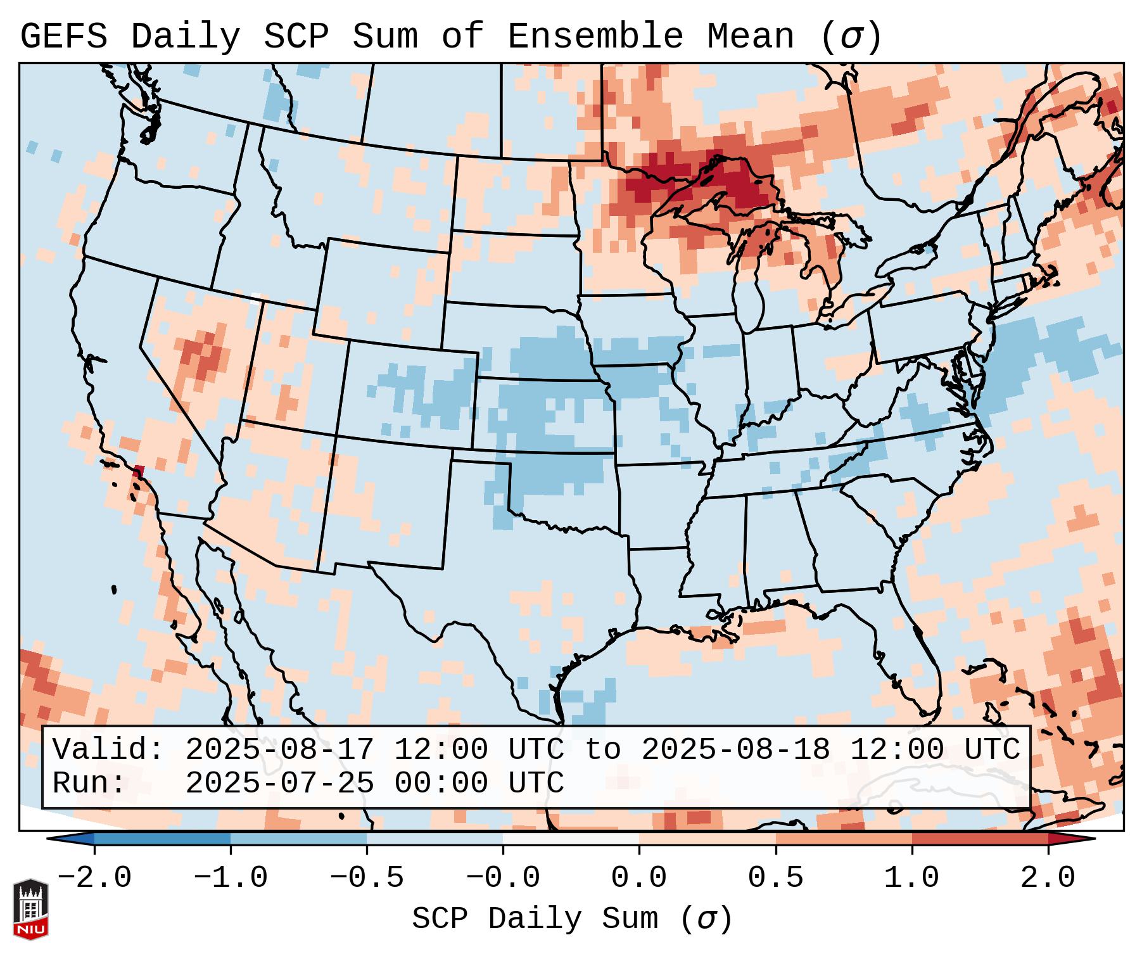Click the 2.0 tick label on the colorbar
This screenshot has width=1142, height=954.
tap(1048, 878)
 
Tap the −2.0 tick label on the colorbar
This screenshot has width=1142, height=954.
tap(94, 878)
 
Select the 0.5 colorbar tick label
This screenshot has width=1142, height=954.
tap(775, 878)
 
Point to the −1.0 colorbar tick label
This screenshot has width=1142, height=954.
tap(231, 878)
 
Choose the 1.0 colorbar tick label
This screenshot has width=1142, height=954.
tap(911, 878)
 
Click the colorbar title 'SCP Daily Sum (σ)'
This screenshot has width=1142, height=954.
tap(572, 919)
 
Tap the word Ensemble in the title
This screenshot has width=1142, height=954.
tap(595, 37)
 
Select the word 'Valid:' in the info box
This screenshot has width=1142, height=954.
tap(108, 749)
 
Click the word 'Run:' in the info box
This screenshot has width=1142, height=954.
tap(89, 783)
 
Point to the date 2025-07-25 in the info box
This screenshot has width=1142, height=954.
tap(279, 783)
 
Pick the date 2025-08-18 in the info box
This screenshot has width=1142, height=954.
tap(735, 749)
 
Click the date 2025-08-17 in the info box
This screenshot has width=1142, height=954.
tap(279, 749)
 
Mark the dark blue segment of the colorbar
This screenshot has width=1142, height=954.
tap(162, 839)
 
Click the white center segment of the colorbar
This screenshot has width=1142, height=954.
tap(571, 839)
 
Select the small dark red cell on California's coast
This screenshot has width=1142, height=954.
tap(139, 471)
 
